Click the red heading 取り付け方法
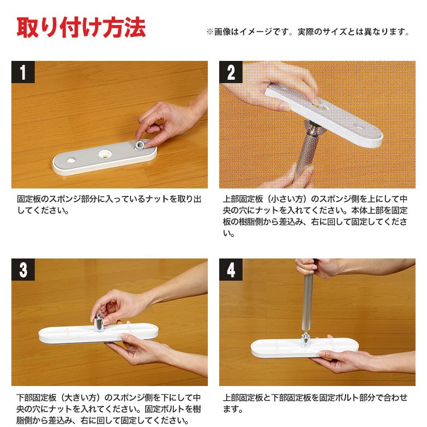point(81,27)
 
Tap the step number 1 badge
point(23,72)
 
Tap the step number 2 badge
point(231,72)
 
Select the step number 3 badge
point(23,269)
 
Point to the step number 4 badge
point(231,269)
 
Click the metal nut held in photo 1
point(139,145)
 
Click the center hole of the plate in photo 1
point(105,154)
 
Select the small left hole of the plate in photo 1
point(71,160)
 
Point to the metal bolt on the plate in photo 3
point(98,322)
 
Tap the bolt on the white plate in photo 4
point(305,340)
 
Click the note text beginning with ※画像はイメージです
point(307,32)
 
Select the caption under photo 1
point(109,204)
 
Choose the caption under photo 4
point(315,403)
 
